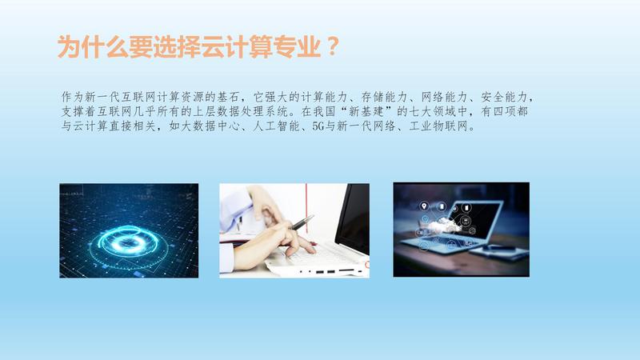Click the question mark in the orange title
pos(333,46)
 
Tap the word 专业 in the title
pos(297,46)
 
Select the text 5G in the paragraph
pos(318,126)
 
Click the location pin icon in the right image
pos(424,206)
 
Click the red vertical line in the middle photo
pos(306,208)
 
